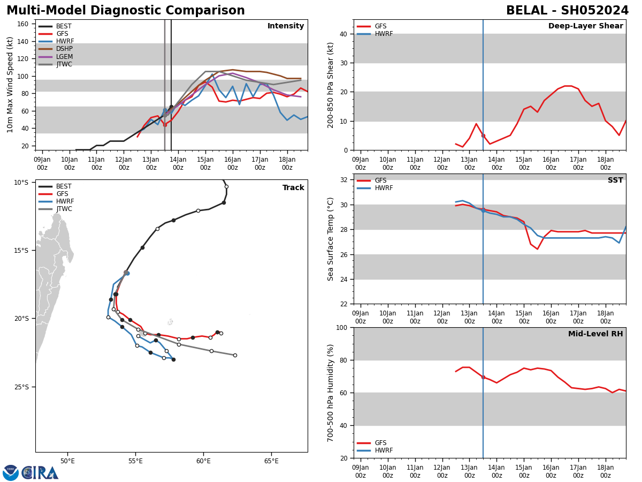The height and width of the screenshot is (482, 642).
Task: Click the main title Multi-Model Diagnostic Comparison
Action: [126, 11]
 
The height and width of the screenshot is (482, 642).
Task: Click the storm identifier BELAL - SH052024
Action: [567, 11]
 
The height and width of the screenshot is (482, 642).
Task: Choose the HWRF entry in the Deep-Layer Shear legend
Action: [383, 34]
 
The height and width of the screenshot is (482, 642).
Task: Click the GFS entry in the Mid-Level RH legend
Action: [380, 443]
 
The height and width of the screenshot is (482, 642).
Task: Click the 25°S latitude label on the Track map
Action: [21, 387]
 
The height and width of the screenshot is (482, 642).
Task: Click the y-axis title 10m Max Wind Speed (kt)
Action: [10, 85]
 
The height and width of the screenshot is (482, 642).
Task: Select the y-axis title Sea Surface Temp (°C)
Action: [331, 239]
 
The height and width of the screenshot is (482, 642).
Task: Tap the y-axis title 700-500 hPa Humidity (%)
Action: [331, 393]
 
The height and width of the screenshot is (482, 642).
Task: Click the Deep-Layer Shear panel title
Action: [585, 26]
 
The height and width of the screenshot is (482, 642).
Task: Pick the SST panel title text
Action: [615, 180]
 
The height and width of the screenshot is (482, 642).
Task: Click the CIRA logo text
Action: [40, 472]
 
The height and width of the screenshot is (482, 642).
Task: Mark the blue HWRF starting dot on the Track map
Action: [127, 273]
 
